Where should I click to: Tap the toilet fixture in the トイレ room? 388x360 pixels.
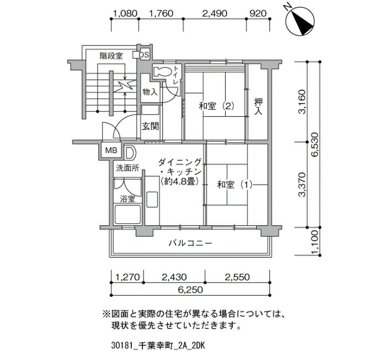(162, 71)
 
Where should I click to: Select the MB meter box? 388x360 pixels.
(111, 150)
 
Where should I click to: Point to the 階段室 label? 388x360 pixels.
(111, 56)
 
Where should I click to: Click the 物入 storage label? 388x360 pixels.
(150, 92)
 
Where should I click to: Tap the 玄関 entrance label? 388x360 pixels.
(150, 127)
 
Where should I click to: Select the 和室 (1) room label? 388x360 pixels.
(234, 184)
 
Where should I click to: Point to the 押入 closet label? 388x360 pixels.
(258, 106)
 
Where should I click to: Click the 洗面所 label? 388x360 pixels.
(127, 168)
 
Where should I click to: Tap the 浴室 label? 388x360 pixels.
(127, 198)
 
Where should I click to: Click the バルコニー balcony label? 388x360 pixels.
(191, 243)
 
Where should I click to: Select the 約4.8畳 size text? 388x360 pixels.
(180, 182)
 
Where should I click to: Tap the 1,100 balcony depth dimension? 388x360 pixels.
(315, 242)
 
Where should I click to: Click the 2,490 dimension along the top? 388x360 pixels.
(215, 13)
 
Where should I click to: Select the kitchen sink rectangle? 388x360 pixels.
(152, 200)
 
